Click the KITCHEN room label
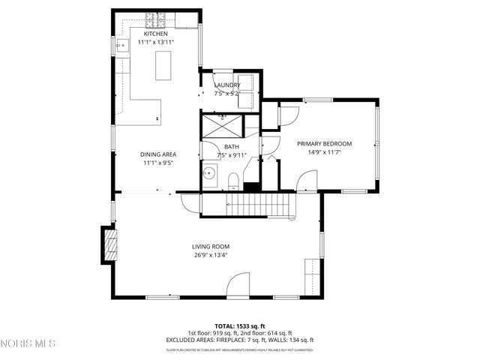155,34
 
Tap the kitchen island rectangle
161,67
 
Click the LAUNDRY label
226,85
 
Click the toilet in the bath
233,178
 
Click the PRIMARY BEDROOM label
324,143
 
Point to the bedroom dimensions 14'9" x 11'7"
324,152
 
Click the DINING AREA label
157,154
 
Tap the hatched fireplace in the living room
110,244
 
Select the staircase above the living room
259,202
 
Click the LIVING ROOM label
210,246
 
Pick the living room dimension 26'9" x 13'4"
210,255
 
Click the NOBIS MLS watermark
28,343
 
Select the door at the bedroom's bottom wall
306,181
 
